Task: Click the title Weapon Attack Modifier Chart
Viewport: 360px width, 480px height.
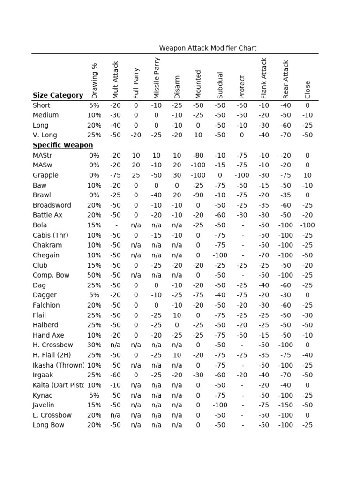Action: (x=208, y=48)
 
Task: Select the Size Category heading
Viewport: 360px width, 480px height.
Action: (x=58, y=95)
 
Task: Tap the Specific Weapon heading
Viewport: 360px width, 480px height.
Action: (x=63, y=145)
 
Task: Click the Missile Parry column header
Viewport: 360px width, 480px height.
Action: (x=157, y=78)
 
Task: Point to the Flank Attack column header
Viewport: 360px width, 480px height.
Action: (x=264, y=78)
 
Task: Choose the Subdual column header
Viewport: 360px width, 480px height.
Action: (x=220, y=85)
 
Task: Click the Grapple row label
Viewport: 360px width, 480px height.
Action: (x=45, y=175)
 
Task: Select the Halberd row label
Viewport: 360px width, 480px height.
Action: (x=46, y=325)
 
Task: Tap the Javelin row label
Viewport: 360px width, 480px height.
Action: (x=43, y=405)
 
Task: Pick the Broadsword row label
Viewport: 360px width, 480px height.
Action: (x=52, y=205)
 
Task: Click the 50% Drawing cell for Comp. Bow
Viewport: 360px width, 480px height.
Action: (x=94, y=275)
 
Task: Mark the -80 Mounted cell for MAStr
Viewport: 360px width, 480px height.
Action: (x=198, y=155)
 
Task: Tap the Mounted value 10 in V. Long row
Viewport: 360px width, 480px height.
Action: (x=198, y=135)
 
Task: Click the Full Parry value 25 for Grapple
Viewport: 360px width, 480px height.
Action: (x=136, y=175)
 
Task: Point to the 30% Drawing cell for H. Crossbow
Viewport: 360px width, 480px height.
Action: (x=94, y=345)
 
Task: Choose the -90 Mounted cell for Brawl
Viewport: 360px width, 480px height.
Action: (x=198, y=195)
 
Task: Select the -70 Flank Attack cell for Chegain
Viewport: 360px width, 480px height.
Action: (x=264, y=255)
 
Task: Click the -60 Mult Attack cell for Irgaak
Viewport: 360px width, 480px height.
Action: (x=115, y=375)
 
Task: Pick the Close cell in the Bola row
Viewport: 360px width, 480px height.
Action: (x=307, y=225)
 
